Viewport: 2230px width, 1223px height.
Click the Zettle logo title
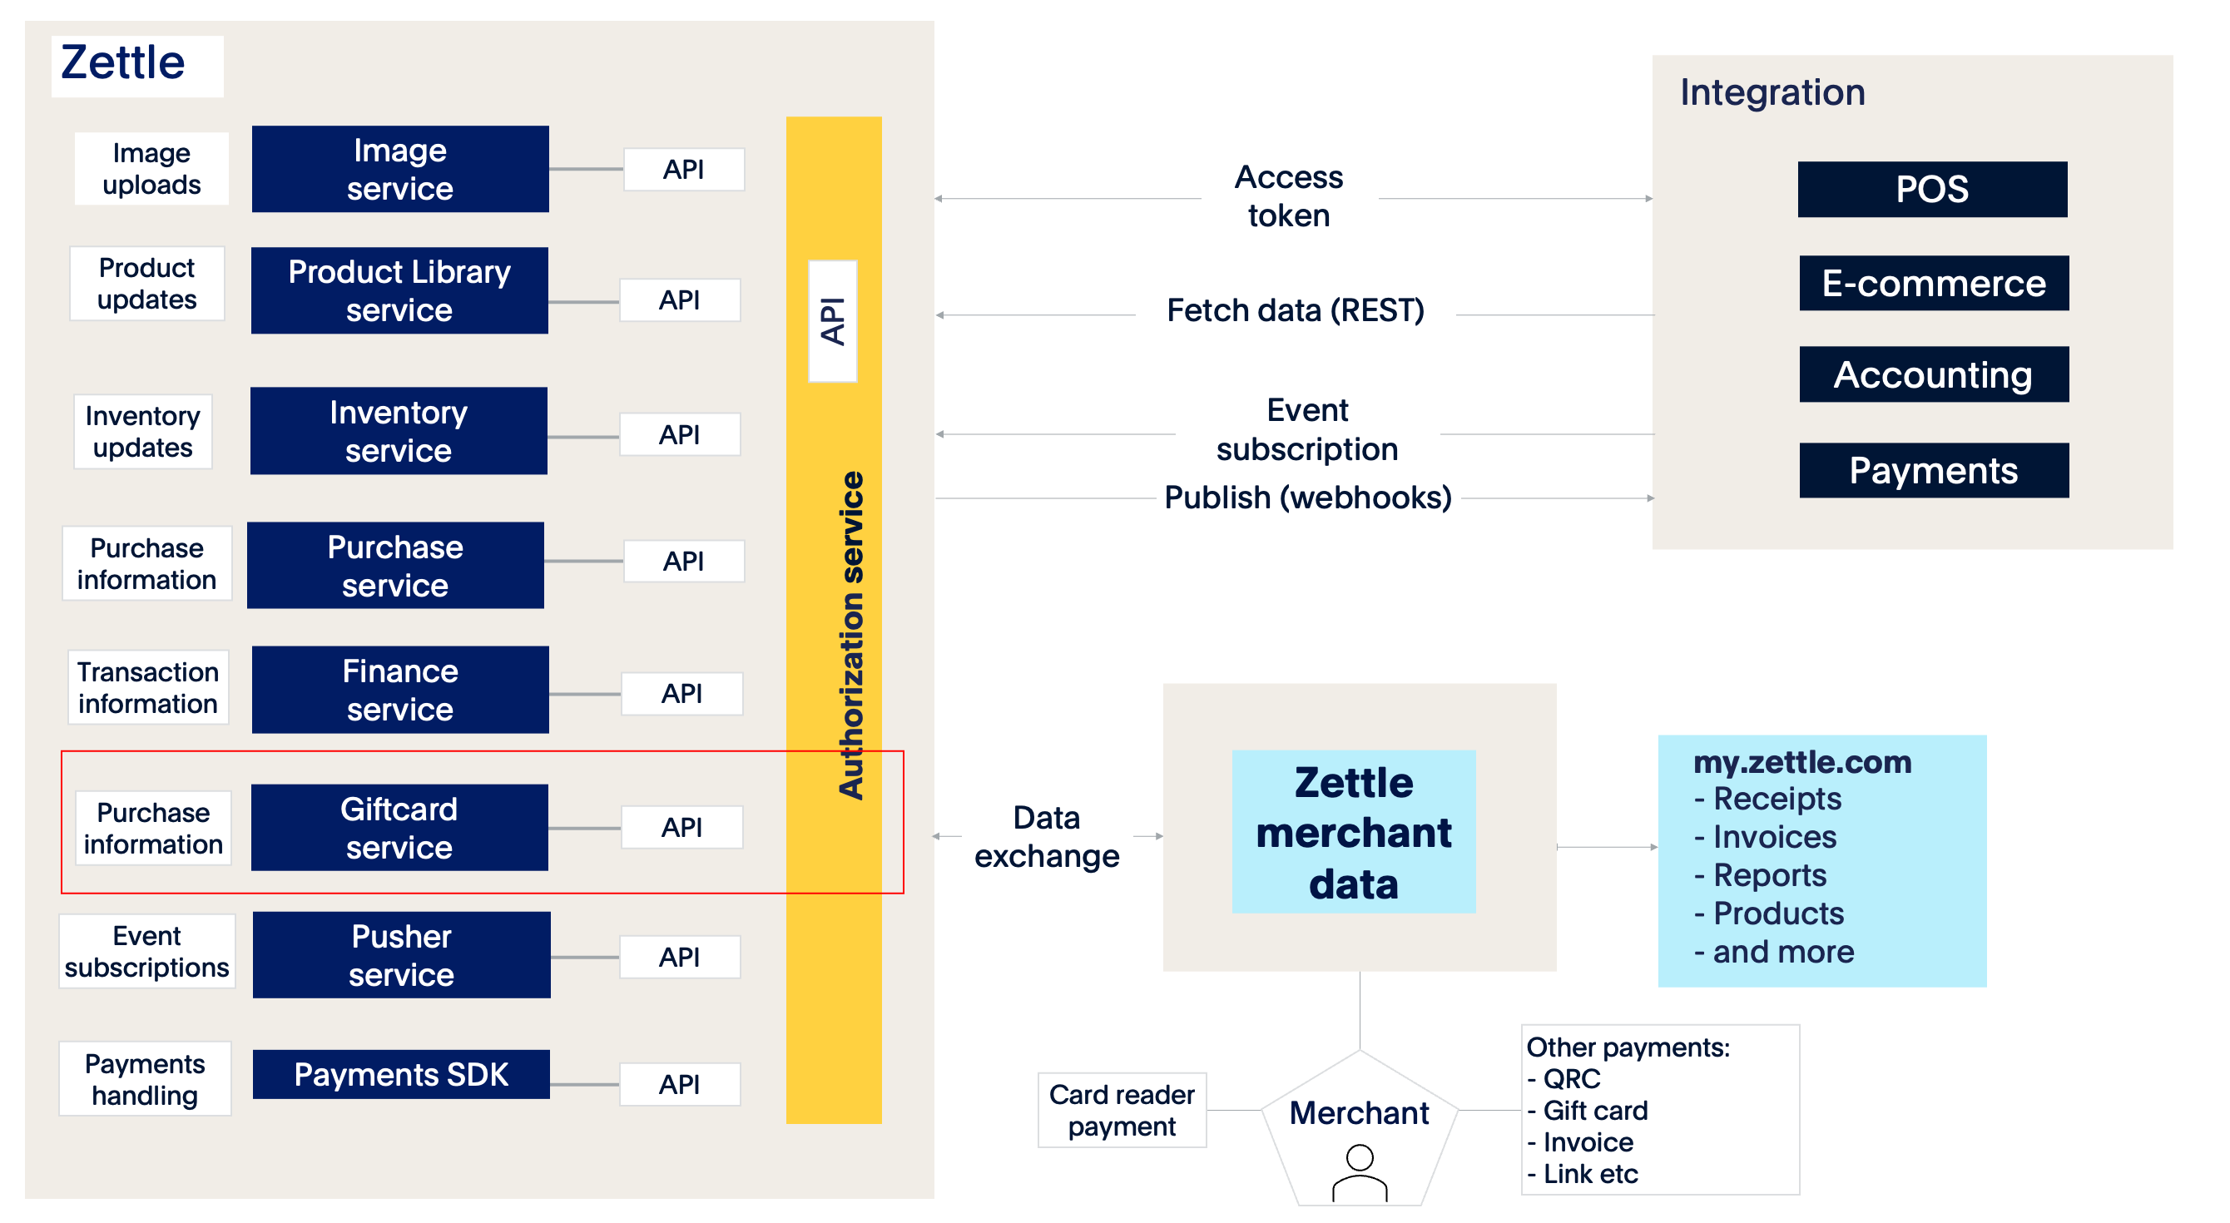pos(123,63)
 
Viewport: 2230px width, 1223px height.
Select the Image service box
pos(400,169)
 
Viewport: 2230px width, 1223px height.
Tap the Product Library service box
pos(399,291)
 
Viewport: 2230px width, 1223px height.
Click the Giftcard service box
pos(399,828)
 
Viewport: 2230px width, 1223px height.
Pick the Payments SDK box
pos(401,1074)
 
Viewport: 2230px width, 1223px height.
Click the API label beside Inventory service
pos(680,434)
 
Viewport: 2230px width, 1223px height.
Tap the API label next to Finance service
pos(681,693)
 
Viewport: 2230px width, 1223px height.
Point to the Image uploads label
pos(151,169)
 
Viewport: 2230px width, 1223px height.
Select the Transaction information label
pos(148,687)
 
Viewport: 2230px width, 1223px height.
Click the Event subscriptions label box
pos(147,951)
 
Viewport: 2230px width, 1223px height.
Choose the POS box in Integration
pos(1931,190)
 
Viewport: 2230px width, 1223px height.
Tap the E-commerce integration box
pos(1933,283)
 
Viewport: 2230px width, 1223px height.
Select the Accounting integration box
pos(1933,374)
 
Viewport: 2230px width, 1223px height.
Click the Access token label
pos(1288,196)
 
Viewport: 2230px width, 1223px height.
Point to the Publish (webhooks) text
pos(1307,498)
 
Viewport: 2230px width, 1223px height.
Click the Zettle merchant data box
pos(1353,832)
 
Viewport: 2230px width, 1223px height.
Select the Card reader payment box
pos(1121,1110)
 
